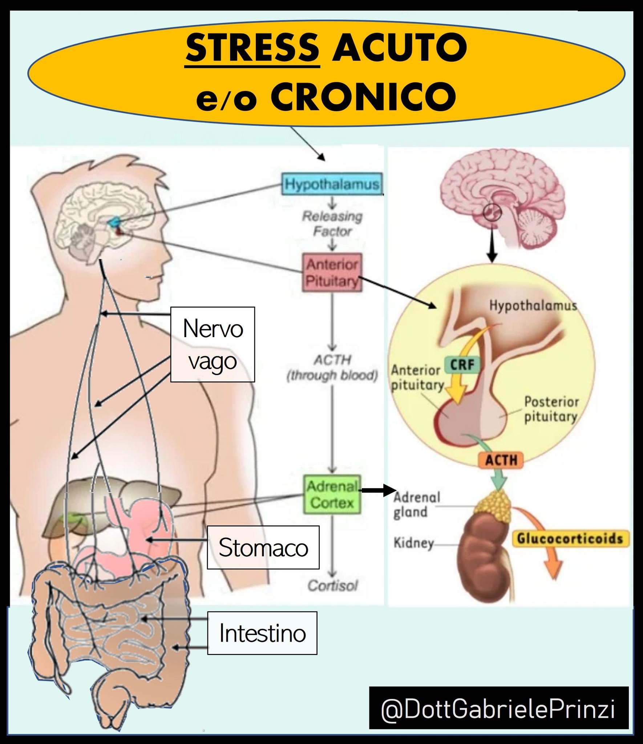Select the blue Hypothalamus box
point(332,184)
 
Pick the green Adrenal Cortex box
point(332,494)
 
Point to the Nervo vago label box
point(213,344)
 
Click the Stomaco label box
point(263,547)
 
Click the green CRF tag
point(462,365)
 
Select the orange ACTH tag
point(501,460)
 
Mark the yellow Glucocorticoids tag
point(570,538)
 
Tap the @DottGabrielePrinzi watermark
point(498,709)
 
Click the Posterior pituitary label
point(551,409)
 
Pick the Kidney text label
point(414,543)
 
